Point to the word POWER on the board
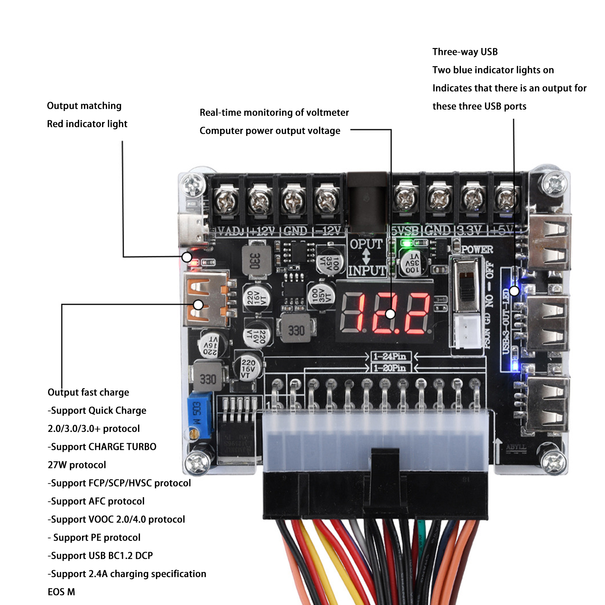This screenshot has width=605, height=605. [477, 250]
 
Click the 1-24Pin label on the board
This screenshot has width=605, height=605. [389, 356]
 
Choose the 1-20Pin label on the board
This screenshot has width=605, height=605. [389, 368]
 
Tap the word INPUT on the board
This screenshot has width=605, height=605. [367, 271]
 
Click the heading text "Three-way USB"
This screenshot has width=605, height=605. [465, 52]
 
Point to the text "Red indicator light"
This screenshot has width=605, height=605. [87, 124]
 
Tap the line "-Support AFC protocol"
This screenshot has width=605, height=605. [96, 501]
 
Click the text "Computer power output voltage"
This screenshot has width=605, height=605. [270, 131]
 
